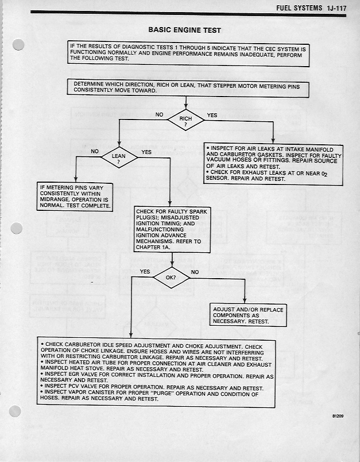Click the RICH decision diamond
click(185, 120)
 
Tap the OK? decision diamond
click(171, 278)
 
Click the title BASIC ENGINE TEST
click(184, 30)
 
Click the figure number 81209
click(338, 415)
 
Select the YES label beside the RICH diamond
click(212, 115)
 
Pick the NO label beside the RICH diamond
click(160, 115)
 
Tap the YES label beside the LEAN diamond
click(146, 152)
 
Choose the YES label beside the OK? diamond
click(145, 272)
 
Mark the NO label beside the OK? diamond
click(195, 272)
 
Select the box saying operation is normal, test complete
click(75, 197)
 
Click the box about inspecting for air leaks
click(273, 163)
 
